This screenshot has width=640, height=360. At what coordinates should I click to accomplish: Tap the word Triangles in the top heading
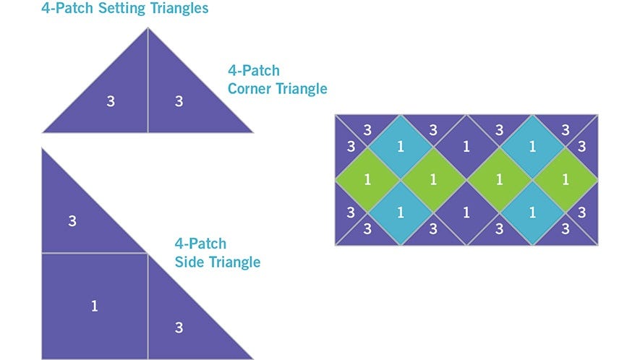coord(176,9)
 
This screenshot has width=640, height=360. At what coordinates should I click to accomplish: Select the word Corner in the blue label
coord(249,89)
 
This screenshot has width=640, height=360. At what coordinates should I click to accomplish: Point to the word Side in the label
coord(189,262)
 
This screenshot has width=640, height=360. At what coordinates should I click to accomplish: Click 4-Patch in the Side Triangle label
coord(200,244)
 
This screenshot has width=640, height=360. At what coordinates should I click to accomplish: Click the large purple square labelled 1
coord(95,306)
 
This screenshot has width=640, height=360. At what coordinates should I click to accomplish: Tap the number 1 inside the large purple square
coord(95,306)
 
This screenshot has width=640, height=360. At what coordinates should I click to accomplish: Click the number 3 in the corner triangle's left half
coord(111,101)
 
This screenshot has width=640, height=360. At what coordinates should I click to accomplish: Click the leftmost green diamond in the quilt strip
coord(368,179)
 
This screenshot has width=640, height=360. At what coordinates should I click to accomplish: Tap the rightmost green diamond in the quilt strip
coord(566,179)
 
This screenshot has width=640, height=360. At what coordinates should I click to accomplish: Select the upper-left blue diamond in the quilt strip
coord(401,147)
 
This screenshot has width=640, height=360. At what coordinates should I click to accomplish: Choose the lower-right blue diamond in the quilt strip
coord(532,213)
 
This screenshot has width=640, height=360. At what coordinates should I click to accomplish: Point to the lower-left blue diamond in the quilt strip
coord(401,213)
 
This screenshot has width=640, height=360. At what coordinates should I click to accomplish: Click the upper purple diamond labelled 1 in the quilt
coord(466,147)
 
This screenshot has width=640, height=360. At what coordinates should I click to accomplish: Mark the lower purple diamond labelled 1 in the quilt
coord(466,213)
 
